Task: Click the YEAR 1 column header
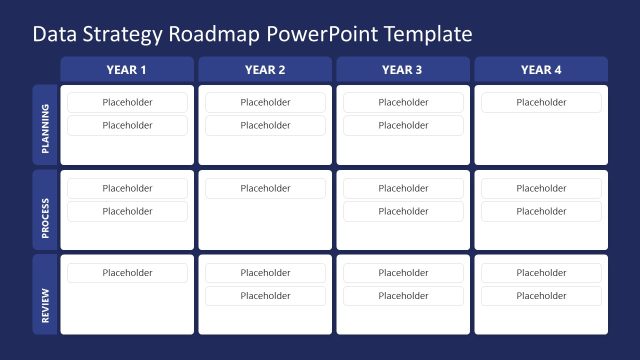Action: [x=127, y=70]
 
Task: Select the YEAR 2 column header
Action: [x=265, y=70]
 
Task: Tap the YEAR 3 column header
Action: [x=402, y=70]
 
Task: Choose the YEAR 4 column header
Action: [x=541, y=70]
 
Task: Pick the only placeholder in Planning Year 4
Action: [x=541, y=102]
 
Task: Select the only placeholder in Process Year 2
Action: [x=265, y=188]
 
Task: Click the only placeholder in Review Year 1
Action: [x=127, y=273]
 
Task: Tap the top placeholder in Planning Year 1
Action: [x=127, y=102]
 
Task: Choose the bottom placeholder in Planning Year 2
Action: [x=265, y=125]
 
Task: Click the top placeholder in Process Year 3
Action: [x=402, y=188]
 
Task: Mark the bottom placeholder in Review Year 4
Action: [x=541, y=296]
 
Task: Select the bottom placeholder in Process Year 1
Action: [x=127, y=211]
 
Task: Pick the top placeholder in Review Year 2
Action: [x=265, y=273]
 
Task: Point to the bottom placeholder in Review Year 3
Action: [x=402, y=296]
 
